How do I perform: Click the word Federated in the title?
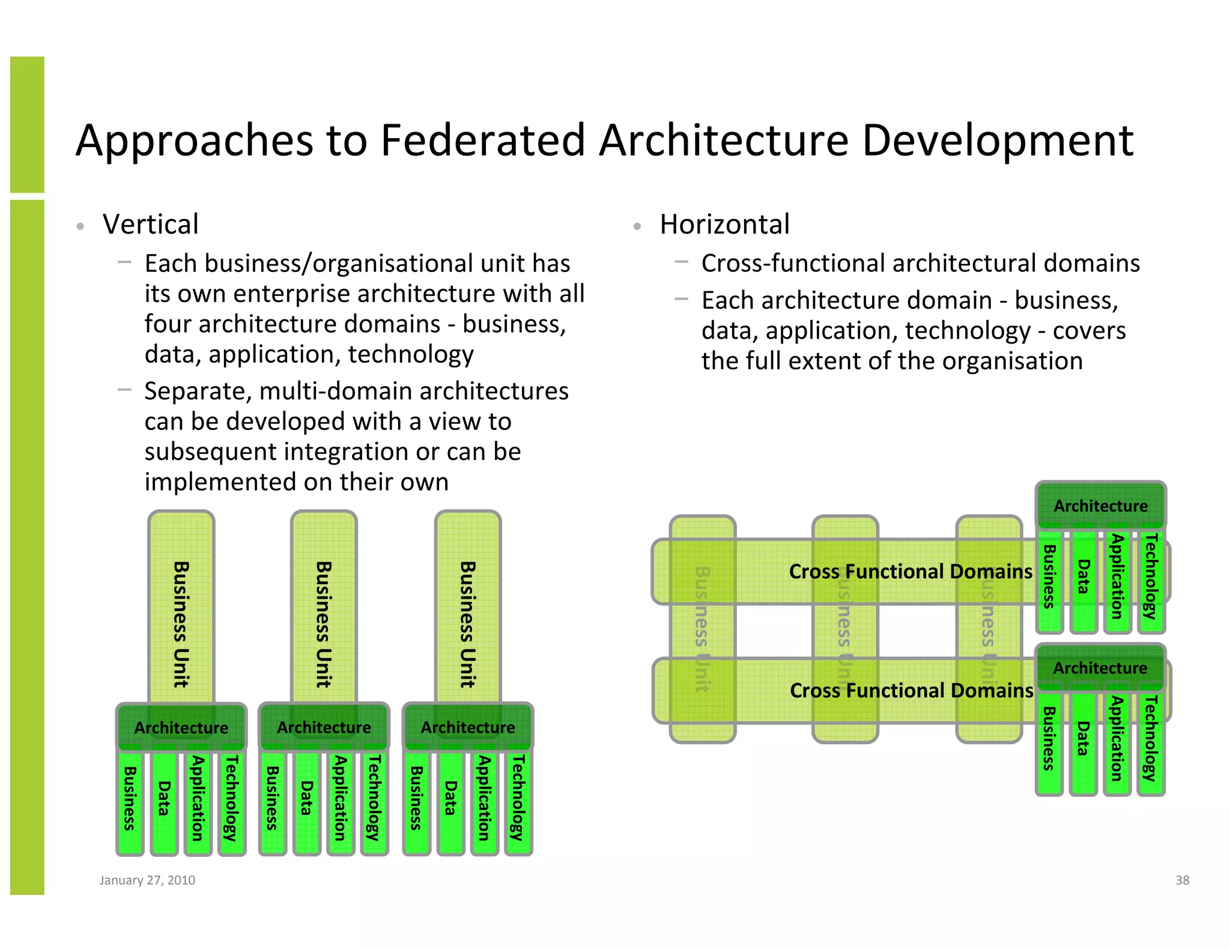click(x=482, y=141)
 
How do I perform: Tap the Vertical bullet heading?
click(x=150, y=225)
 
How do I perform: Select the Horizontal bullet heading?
click(x=724, y=225)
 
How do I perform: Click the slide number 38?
click(x=1182, y=880)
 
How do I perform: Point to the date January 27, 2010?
click(x=147, y=880)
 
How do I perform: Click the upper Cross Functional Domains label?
click(x=910, y=571)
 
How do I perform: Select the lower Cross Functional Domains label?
click(x=910, y=691)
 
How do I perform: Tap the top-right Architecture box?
click(x=1100, y=506)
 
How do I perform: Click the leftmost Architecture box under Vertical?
click(x=181, y=727)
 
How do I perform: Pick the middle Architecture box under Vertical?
click(x=324, y=727)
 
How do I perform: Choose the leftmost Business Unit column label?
click(x=181, y=624)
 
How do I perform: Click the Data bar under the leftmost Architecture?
click(x=164, y=799)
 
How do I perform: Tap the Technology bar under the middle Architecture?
click(x=375, y=799)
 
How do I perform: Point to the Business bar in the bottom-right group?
click(x=1049, y=739)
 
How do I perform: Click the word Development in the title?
click(x=998, y=141)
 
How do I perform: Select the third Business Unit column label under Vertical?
click(x=467, y=624)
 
